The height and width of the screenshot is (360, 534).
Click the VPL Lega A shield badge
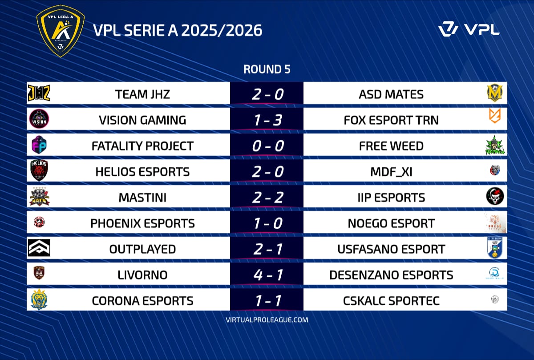(61, 31)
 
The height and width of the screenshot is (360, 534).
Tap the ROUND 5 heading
(267, 69)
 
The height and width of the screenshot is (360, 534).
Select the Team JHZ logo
(39, 93)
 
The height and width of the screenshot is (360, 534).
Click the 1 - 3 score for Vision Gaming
(268, 120)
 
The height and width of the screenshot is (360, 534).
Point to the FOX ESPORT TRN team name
(391, 120)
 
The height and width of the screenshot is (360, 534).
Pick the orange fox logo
(495, 116)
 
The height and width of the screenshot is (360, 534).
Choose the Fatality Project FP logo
(39, 145)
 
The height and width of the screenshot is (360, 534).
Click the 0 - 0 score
(268, 146)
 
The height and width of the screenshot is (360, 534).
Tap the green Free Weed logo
(495, 145)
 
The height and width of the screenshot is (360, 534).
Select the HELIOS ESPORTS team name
(142, 172)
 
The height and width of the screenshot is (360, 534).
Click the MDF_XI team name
(391, 172)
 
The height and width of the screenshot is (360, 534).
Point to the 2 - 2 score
(268, 198)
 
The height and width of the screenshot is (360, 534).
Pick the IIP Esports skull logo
(495, 196)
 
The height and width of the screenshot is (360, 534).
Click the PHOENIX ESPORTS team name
(142, 223)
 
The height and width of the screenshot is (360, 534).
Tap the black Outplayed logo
(39, 248)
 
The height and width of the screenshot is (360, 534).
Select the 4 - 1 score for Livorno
(268, 275)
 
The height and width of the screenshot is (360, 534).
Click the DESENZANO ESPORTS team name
(391, 275)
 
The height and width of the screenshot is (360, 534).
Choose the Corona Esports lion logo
(39, 299)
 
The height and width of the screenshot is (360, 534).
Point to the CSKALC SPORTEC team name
(391, 301)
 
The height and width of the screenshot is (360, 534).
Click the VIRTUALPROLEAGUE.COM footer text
(267, 320)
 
